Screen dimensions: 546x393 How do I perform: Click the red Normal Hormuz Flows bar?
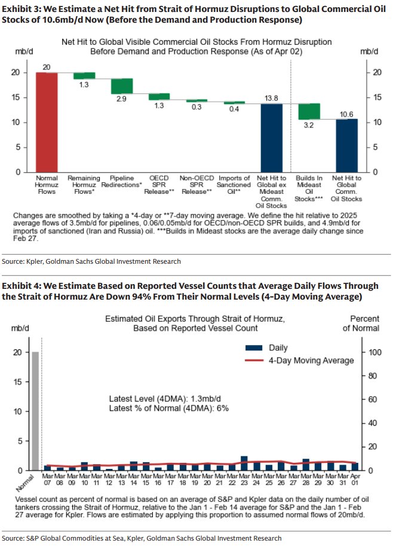(x=47, y=122)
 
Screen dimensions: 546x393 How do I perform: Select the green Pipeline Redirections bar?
(x=121, y=86)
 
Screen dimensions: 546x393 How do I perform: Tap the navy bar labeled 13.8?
(x=271, y=138)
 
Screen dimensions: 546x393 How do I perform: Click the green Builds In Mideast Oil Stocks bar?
(x=309, y=111)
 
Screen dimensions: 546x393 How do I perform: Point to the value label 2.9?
(x=121, y=99)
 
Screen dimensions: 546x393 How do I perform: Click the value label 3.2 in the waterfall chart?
(x=309, y=126)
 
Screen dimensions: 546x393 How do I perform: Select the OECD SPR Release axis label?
(x=159, y=185)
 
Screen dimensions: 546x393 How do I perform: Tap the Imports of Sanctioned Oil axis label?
(x=234, y=185)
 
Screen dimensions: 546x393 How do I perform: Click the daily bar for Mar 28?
(x=306, y=464)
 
